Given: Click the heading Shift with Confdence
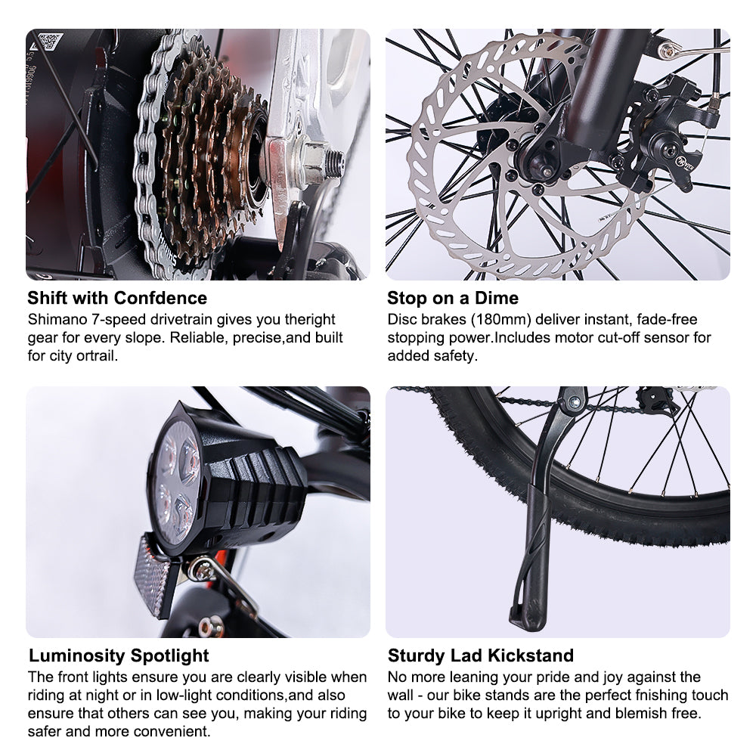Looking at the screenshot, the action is click(x=117, y=298).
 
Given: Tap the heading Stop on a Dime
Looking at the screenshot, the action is click(x=453, y=298).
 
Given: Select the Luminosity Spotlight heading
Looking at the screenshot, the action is click(x=119, y=655).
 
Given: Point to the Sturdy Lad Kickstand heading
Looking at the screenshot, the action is click(x=481, y=655).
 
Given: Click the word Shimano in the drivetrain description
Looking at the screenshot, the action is click(x=57, y=320).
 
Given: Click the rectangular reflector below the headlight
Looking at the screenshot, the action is click(x=151, y=577).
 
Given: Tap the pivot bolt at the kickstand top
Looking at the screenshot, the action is click(x=575, y=400).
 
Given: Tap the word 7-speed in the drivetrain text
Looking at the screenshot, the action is click(x=119, y=321).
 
